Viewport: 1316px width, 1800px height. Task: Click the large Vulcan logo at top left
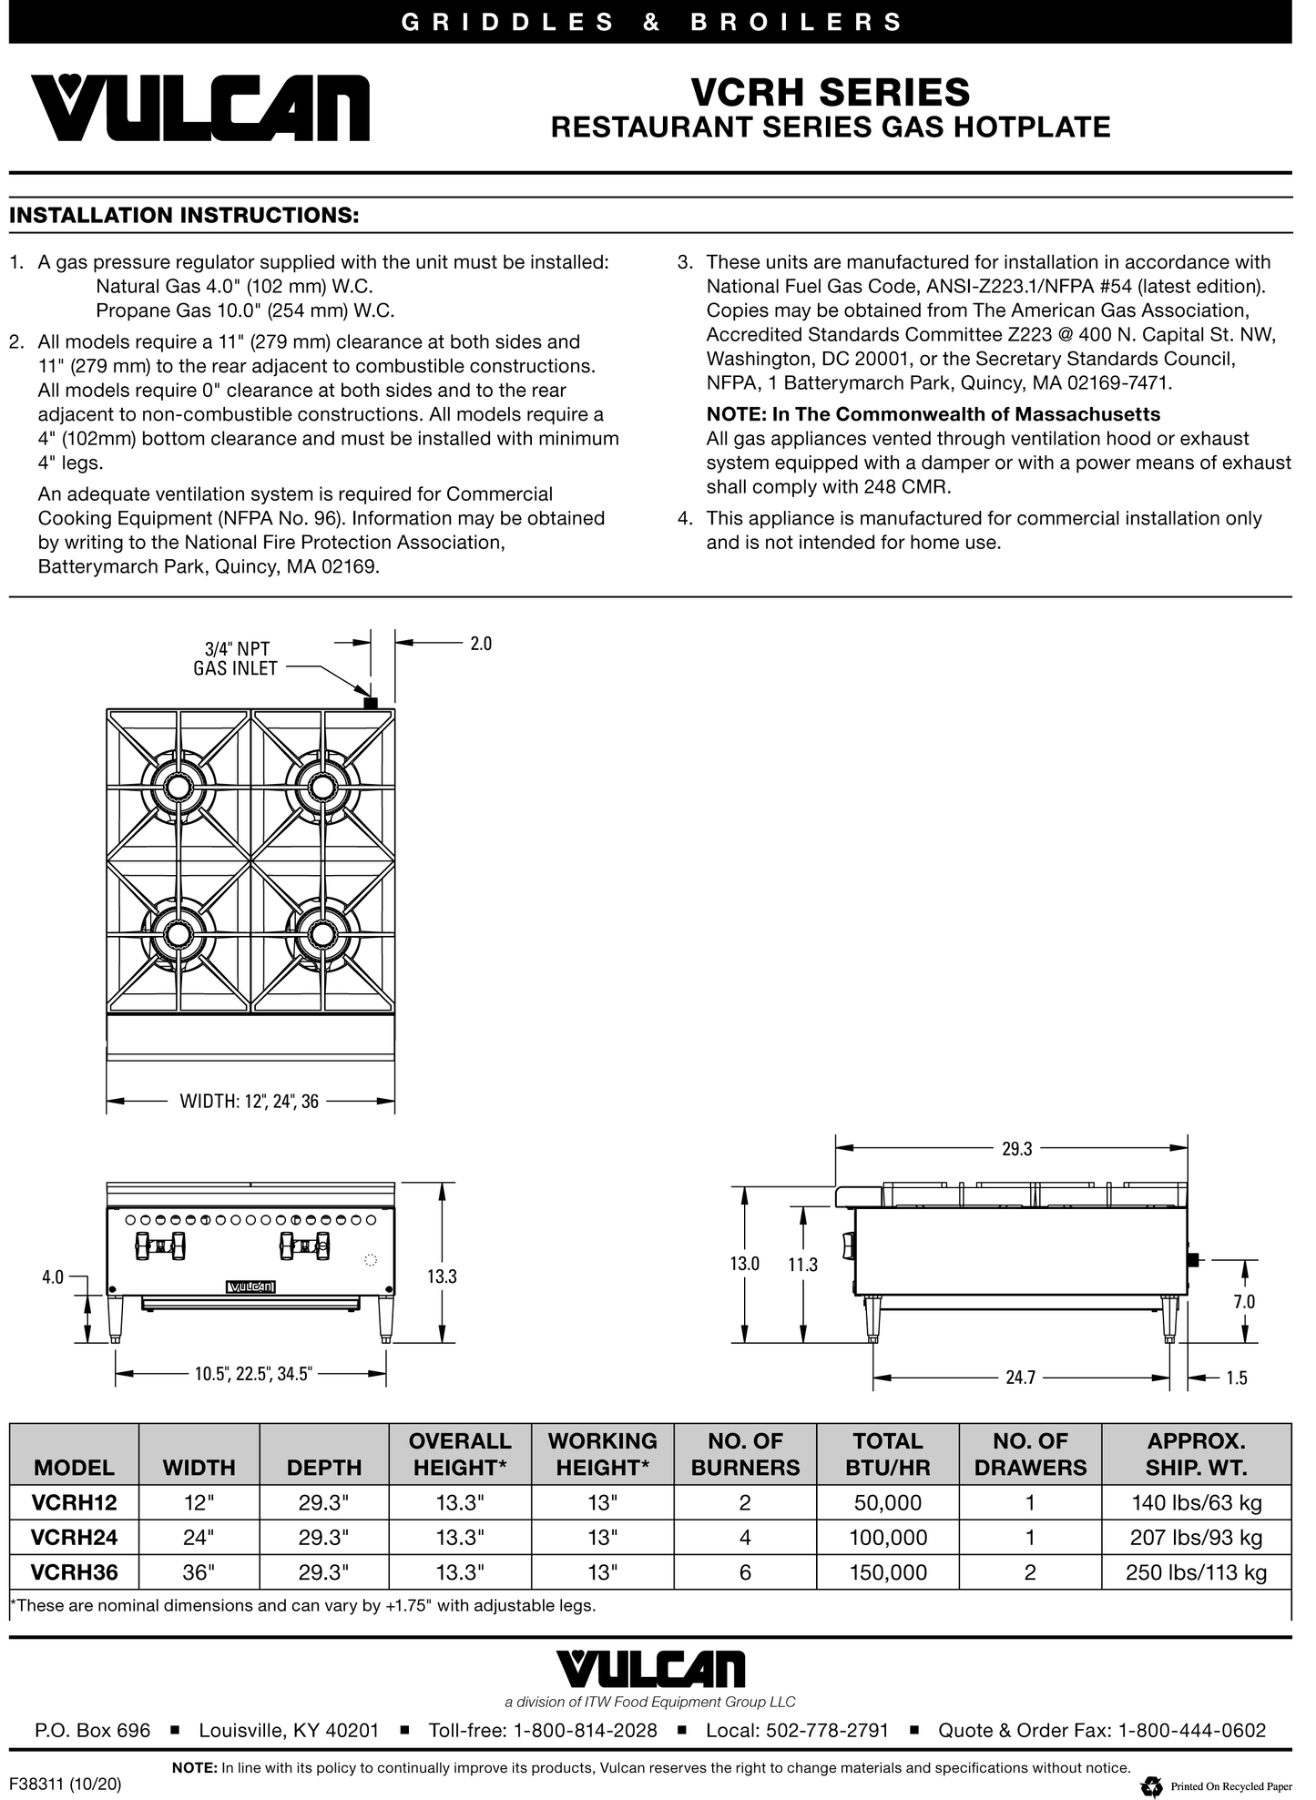(201, 107)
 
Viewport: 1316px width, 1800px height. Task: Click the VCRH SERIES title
(830, 92)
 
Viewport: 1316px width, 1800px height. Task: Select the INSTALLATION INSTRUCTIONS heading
(183, 216)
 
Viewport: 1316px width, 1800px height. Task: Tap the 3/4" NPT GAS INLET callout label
(236, 658)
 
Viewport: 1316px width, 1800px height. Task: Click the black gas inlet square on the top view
(370, 703)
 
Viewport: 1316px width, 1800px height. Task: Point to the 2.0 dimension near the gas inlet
(480, 644)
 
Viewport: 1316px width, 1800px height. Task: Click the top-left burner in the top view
(178, 786)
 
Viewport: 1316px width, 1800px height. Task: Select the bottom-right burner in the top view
(321, 934)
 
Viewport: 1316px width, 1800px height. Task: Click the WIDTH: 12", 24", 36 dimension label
(249, 1102)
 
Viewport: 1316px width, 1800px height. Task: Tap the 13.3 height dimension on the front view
(442, 1276)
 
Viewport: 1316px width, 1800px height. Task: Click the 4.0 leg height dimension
(53, 1276)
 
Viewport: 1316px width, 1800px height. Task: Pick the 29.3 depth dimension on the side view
(1016, 1149)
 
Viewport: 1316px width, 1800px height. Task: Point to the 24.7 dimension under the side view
(1020, 1378)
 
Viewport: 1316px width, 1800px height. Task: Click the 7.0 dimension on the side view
(1244, 1302)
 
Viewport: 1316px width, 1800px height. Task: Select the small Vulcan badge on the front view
(250, 1286)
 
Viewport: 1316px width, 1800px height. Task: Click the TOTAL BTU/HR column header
(888, 1454)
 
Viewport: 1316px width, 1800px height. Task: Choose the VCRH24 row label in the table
(74, 1538)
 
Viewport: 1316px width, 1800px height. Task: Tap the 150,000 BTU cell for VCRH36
(888, 1572)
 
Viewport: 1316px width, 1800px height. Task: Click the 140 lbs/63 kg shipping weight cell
(1196, 1503)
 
